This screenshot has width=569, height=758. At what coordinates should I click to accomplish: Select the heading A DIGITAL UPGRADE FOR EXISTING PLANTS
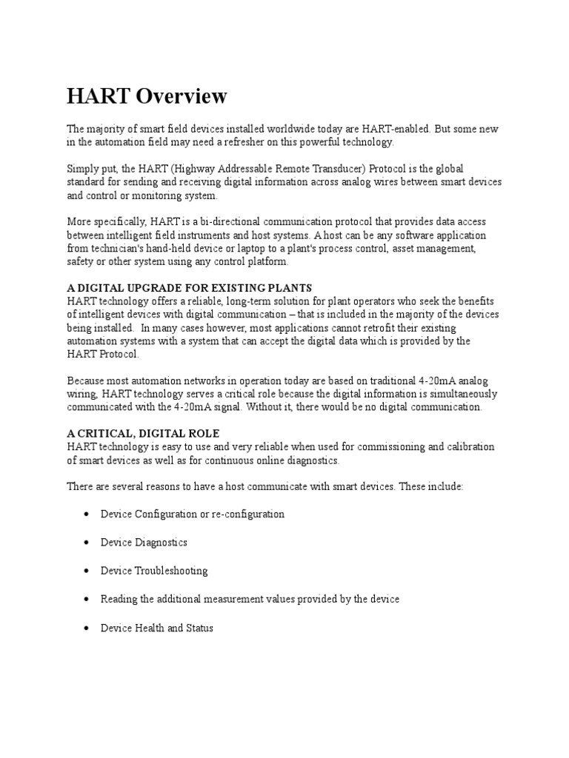tap(190, 287)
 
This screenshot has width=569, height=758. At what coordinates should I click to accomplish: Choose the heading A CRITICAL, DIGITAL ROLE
tap(143, 433)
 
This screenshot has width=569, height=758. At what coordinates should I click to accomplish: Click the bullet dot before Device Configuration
tap(87, 514)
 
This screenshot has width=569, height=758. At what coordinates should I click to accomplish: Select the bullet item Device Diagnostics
tap(144, 543)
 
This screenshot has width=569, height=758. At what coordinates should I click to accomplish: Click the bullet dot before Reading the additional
tap(87, 599)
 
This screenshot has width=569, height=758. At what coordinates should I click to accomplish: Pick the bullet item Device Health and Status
tap(156, 628)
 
